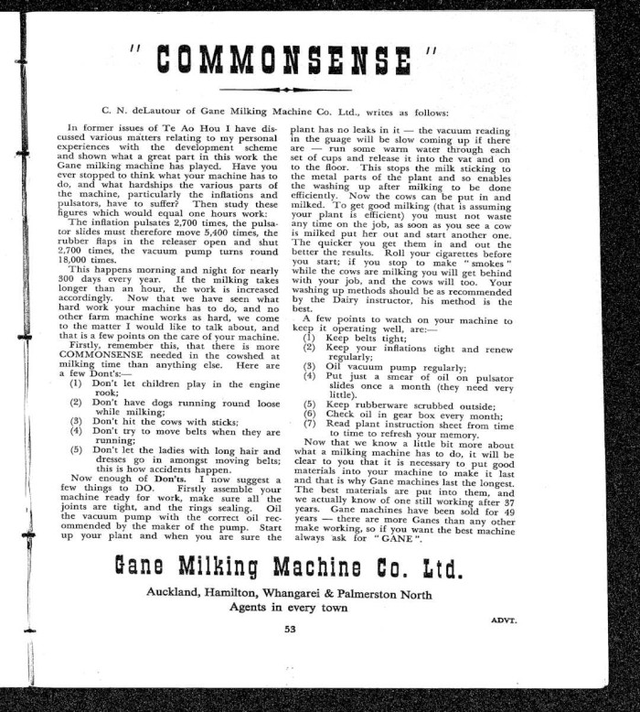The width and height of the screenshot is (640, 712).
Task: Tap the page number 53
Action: [290, 629]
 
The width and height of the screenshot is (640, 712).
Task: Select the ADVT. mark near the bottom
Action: [504, 620]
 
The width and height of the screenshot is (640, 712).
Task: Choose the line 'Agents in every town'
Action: [289, 607]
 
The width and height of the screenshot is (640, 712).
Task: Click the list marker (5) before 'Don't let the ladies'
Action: [76, 449]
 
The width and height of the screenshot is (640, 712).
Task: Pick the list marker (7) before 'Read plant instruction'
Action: [309, 423]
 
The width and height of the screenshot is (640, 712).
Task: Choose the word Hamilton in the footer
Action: [240, 592]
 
